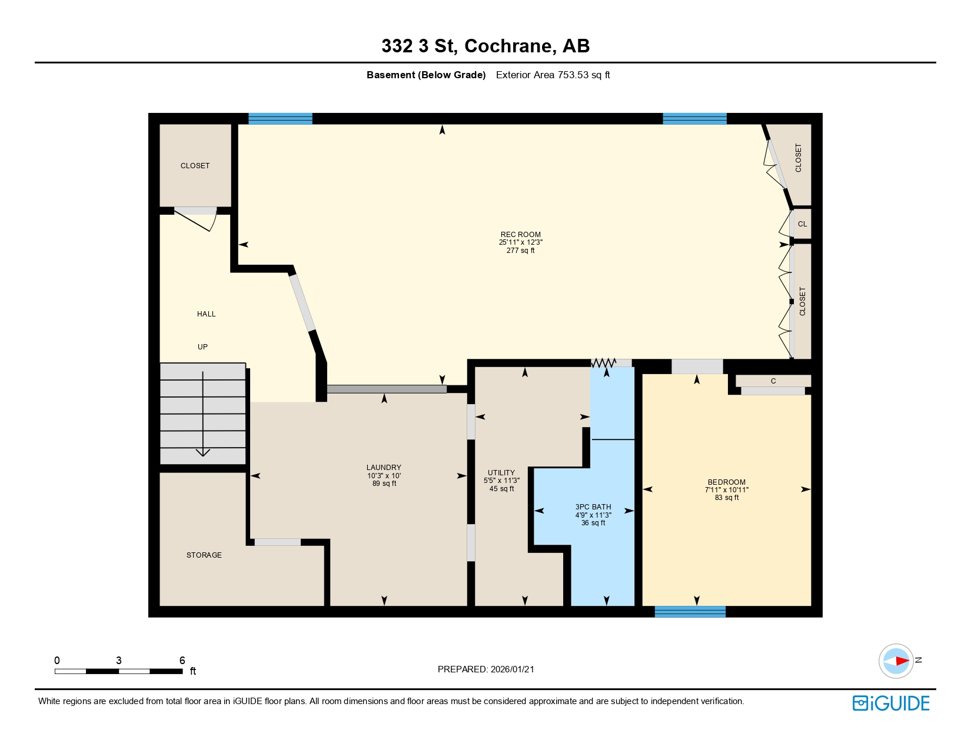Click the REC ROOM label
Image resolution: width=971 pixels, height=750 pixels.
pos(520,234)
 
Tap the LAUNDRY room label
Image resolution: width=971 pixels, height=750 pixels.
pos(384,468)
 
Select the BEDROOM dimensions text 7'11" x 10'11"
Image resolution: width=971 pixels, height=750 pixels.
pos(727,490)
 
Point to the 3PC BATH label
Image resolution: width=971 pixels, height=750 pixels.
pos(593,507)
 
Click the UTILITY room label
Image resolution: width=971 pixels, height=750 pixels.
pos(501,473)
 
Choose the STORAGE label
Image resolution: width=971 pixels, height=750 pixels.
pos(204,555)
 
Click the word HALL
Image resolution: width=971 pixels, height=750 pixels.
pos(206,314)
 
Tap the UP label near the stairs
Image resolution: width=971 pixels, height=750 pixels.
pos(202,347)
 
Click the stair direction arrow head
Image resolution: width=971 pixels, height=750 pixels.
pos(203,452)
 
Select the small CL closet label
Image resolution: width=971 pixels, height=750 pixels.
pos(802,224)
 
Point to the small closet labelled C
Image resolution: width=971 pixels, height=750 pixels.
pos(773,381)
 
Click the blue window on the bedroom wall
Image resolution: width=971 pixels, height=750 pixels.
pos(690,612)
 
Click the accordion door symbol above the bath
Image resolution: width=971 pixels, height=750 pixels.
pos(603,363)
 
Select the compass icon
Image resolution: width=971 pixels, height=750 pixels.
pos(896,661)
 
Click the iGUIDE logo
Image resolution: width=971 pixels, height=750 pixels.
pos(891,703)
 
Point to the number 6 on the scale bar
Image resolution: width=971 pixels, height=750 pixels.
pos(182,661)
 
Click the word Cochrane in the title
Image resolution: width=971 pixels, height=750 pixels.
pos(510,46)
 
